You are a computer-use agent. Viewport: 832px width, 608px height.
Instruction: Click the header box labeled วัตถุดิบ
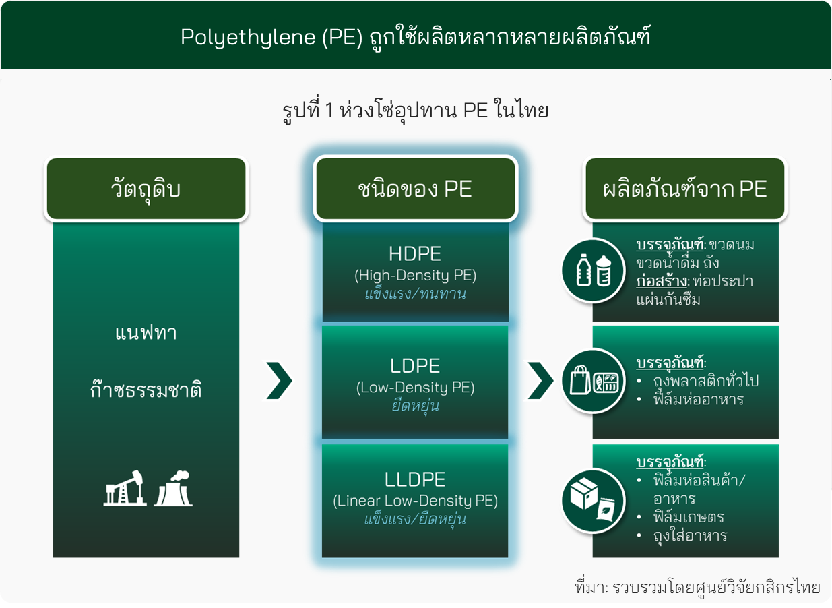coord(146,189)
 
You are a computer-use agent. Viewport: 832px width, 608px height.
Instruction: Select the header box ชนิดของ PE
coord(415,189)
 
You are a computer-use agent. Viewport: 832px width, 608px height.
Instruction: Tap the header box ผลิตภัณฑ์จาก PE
coord(685,189)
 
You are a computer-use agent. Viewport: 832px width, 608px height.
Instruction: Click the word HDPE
coord(415,254)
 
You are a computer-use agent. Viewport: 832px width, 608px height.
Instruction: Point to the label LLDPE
coord(415,479)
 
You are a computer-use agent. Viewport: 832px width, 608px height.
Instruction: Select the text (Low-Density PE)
coord(415,388)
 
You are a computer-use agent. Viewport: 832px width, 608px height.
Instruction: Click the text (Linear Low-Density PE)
coord(415,501)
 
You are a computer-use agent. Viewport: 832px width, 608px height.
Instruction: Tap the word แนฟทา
coord(146,332)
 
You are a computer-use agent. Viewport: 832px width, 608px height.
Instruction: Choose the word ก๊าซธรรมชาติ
coord(146,389)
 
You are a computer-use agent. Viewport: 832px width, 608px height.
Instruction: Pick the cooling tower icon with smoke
coord(173,488)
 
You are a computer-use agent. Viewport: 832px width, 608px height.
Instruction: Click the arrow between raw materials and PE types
coord(280,381)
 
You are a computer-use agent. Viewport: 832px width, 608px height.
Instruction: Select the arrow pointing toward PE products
coord(540,381)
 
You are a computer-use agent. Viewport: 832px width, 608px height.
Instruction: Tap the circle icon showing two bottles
coord(593,270)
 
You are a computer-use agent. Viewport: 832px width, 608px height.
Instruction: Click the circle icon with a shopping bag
coord(593,381)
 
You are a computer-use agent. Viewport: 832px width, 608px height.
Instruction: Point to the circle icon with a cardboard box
coord(593,501)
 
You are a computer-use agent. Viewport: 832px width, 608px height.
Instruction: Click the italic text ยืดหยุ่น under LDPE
coord(415,406)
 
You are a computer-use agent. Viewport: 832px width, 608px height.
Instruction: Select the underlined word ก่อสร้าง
coord(662,281)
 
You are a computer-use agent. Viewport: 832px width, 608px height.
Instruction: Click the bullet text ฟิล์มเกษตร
coord(689,516)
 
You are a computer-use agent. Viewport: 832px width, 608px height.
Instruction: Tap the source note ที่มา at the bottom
coord(697,588)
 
